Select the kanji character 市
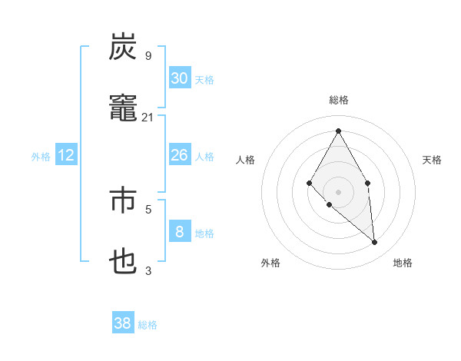[x=123, y=199]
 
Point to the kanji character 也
[x=123, y=262]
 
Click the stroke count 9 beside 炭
[x=148, y=55]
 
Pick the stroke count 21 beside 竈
[x=148, y=118]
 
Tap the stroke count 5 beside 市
[x=148, y=208]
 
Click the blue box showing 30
[x=179, y=78]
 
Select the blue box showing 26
[x=179, y=155]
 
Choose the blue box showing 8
[x=179, y=232]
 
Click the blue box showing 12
[x=66, y=155]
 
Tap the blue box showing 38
[x=123, y=323]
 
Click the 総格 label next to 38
[x=148, y=325]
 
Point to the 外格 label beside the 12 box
[x=41, y=157]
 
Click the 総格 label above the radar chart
[x=339, y=100]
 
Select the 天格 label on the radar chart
[x=432, y=160]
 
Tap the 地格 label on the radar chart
[x=403, y=263]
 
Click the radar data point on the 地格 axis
[x=375, y=243]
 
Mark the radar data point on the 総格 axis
[x=338, y=131]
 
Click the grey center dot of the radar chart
[x=338, y=191]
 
